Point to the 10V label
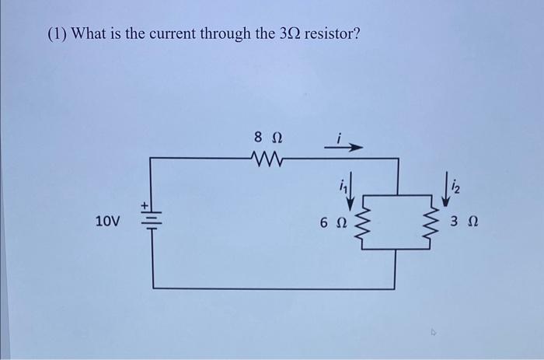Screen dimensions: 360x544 pyautogui.click(x=107, y=222)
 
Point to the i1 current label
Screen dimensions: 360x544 pyautogui.click(x=341, y=186)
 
